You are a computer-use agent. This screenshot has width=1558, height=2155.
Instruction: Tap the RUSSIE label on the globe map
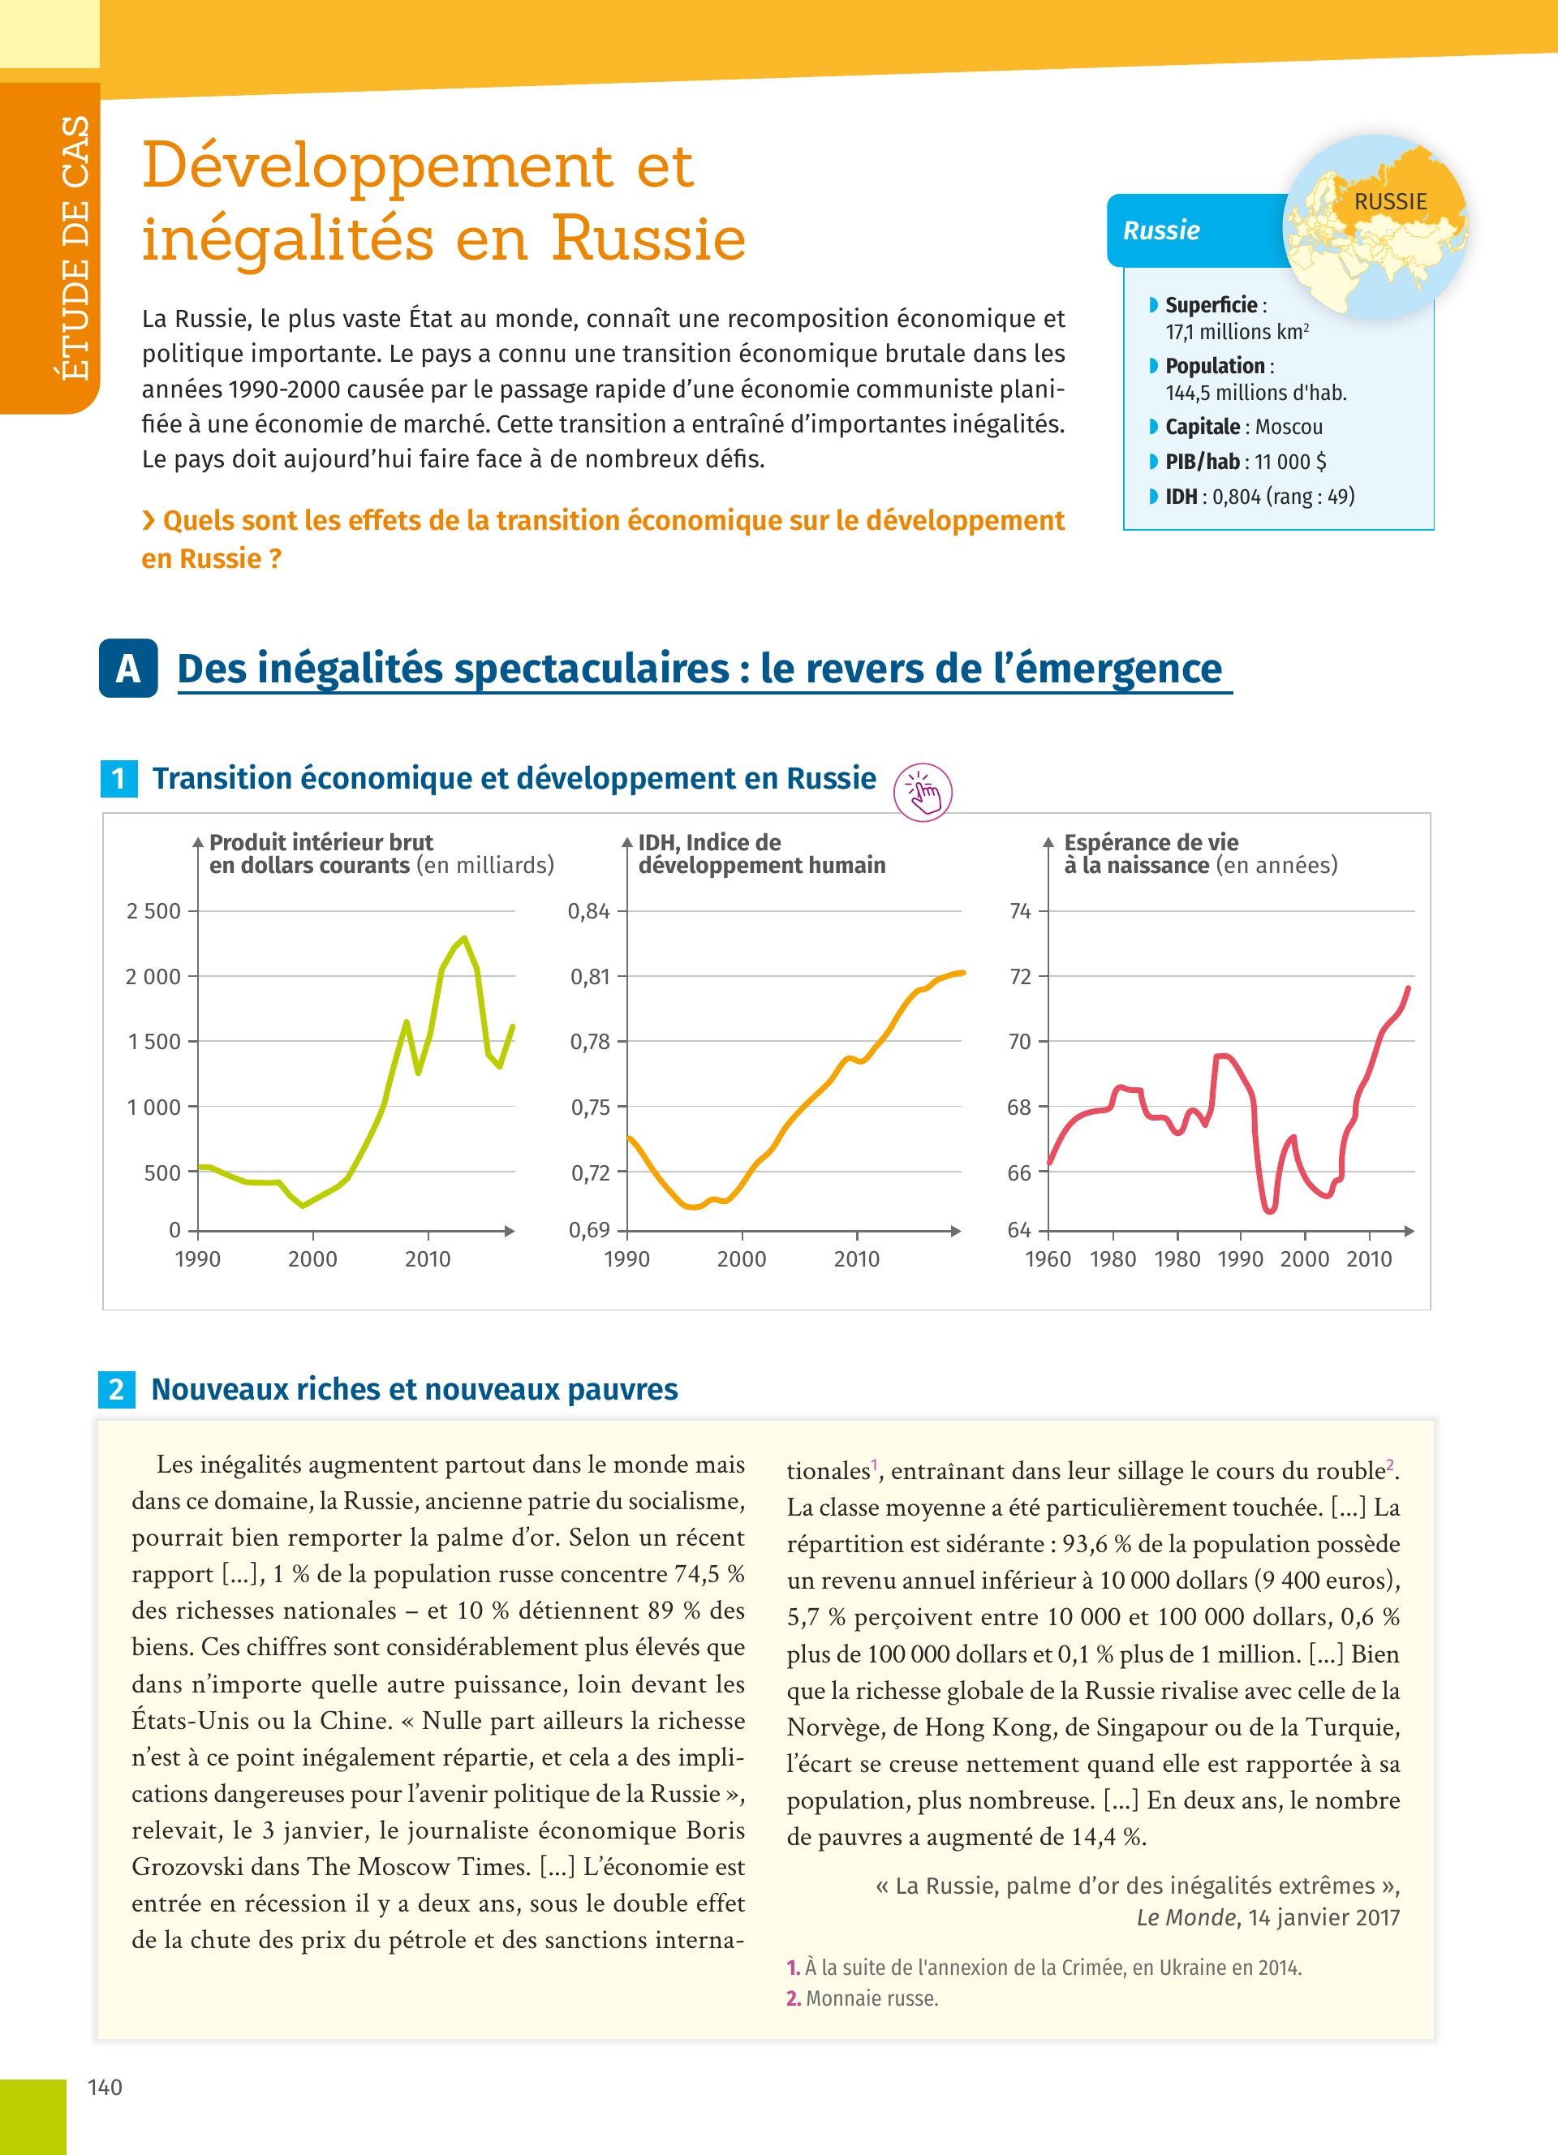pos(1390,201)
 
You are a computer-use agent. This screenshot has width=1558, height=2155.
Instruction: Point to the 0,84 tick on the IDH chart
pos(589,911)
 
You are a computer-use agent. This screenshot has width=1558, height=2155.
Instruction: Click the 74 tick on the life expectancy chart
pos(1020,911)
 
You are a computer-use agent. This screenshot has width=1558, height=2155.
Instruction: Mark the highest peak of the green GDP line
pos(463,939)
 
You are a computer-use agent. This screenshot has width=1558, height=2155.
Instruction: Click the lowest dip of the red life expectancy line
pos(1270,1211)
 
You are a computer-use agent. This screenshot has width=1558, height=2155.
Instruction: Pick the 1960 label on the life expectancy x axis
pos(1048,1259)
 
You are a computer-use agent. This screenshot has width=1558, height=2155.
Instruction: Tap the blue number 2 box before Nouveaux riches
pos(116,1389)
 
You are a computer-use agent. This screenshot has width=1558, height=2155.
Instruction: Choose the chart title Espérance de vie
pos(1151,843)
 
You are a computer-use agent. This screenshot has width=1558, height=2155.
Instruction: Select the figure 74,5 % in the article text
pos(708,1573)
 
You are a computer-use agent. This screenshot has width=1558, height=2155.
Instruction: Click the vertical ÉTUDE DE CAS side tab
pos(74,249)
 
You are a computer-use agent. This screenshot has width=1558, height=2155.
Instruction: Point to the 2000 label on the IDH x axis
pos(741,1259)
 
